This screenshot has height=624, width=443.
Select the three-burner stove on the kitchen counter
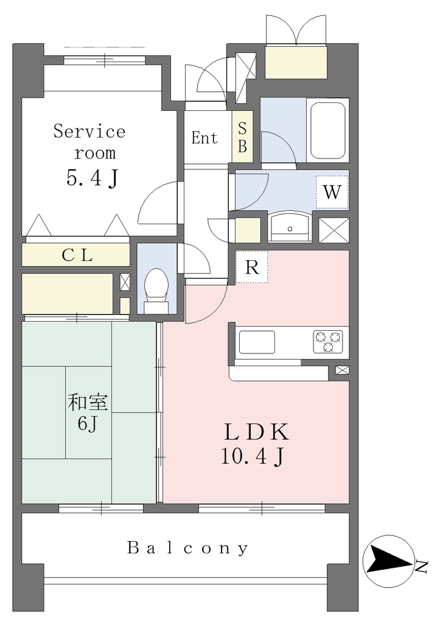click(x=328, y=342)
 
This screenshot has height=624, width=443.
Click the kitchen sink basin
click(x=257, y=342)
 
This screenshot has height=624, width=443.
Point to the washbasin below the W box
click(x=290, y=227)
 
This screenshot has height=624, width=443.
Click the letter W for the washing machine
click(x=332, y=192)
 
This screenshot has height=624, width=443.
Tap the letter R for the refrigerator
click(x=252, y=267)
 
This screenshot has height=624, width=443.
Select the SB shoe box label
click(x=242, y=137)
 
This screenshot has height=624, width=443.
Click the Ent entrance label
click(x=204, y=138)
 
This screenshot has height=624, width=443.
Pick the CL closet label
click(x=77, y=255)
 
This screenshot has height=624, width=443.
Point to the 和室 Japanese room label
click(x=88, y=402)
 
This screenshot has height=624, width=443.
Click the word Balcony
click(x=188, y=548)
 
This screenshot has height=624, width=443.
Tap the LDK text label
click(x=257, y=432)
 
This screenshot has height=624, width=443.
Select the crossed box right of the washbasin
click(x=334, y=230)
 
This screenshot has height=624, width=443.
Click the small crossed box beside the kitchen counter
click(x=342, y=370)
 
